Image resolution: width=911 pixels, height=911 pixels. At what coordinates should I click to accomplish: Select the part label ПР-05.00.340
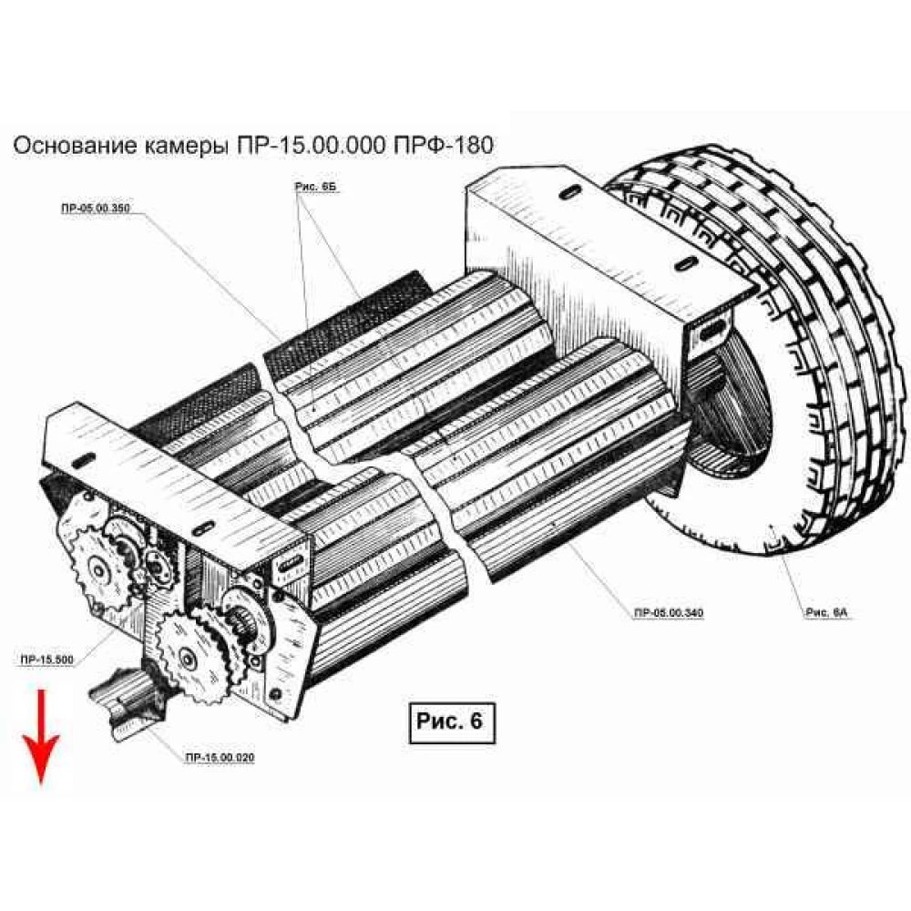669,611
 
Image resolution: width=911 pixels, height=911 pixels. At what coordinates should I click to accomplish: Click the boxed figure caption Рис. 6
450,722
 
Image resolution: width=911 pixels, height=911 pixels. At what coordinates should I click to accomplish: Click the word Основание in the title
76,146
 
